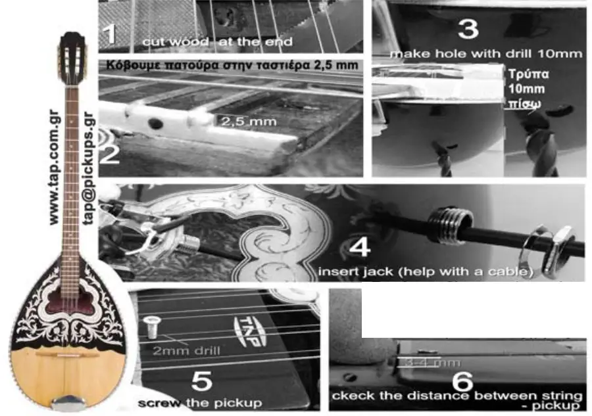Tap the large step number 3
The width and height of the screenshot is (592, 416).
coord(468,30)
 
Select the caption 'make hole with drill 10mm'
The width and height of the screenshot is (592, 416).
coord(486,53)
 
